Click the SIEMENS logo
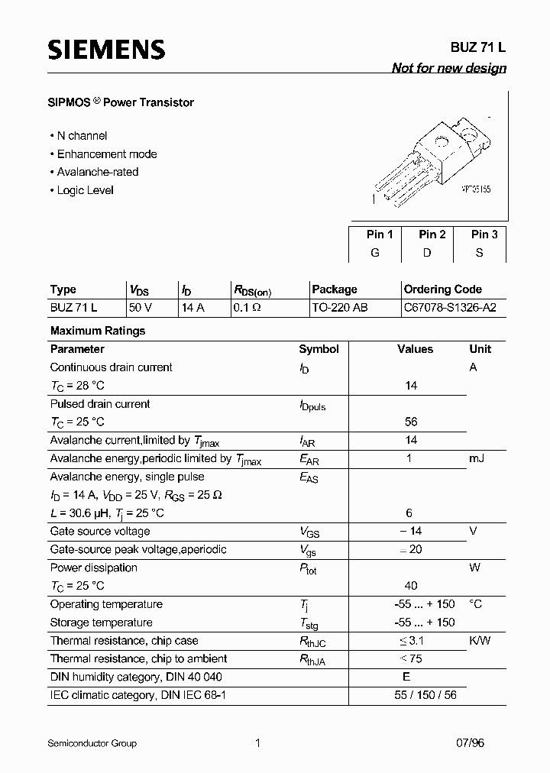pos(106,50)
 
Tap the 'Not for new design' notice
pos(448,68)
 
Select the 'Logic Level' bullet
pos(85,190)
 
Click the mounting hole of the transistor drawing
pos(442,142)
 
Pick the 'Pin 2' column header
pos(432,234)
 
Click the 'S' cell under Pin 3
pos(480,253)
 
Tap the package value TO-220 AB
pos(340,308)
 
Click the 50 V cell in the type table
pos(141,308)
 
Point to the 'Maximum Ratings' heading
pos(98,331)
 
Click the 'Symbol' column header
pos(319,349)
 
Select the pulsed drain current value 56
pos(411,422)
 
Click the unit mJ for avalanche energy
pos(477,458)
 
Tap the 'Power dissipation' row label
pos(94,568)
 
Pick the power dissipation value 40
pos(411,586)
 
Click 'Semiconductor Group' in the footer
pos(92,742)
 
